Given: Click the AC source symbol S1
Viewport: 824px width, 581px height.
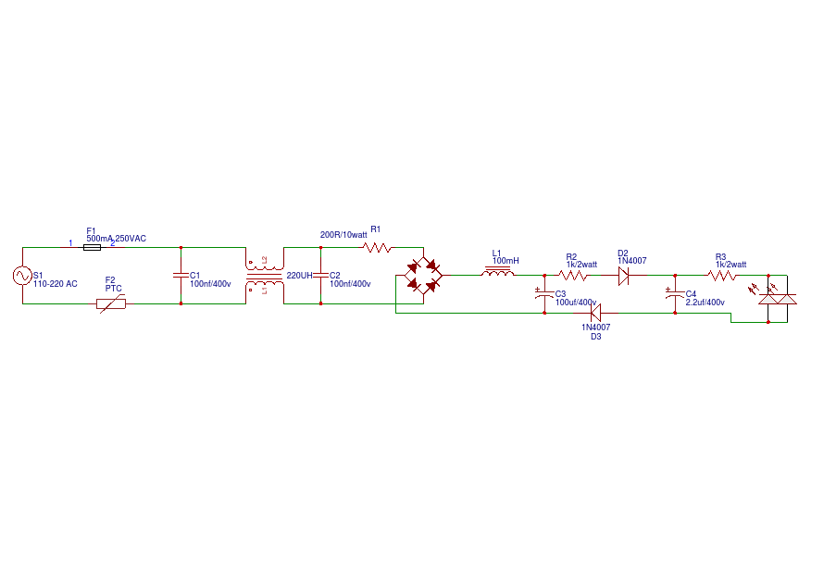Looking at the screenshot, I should (22, 276).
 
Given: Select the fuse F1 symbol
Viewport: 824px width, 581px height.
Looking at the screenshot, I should (93, 247).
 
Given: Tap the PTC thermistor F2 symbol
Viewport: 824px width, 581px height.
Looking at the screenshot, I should (111, 303).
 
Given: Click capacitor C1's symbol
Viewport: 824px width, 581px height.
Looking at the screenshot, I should (181, 276).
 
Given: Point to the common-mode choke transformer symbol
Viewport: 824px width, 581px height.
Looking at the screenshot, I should (264, 276).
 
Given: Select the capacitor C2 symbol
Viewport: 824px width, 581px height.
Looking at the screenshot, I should (320, 276).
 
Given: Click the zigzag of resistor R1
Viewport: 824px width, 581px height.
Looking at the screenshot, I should (377, 248).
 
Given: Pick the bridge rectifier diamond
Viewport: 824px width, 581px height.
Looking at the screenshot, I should (423, 276).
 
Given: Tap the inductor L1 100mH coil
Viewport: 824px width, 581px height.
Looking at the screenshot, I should (498, 273).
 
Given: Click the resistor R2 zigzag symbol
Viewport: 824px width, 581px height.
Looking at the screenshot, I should (573, 275).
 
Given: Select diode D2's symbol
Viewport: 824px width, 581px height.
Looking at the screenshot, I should (623, 275).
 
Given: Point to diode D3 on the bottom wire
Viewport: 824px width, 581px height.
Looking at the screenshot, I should (596, 313).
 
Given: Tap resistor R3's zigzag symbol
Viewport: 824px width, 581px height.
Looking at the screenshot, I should (721, 275).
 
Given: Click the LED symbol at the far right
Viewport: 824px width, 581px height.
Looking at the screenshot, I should (776, 298).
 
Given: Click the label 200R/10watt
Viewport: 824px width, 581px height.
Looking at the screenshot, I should (343, 235).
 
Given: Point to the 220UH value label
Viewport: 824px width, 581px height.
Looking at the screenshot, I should (300, 276).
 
